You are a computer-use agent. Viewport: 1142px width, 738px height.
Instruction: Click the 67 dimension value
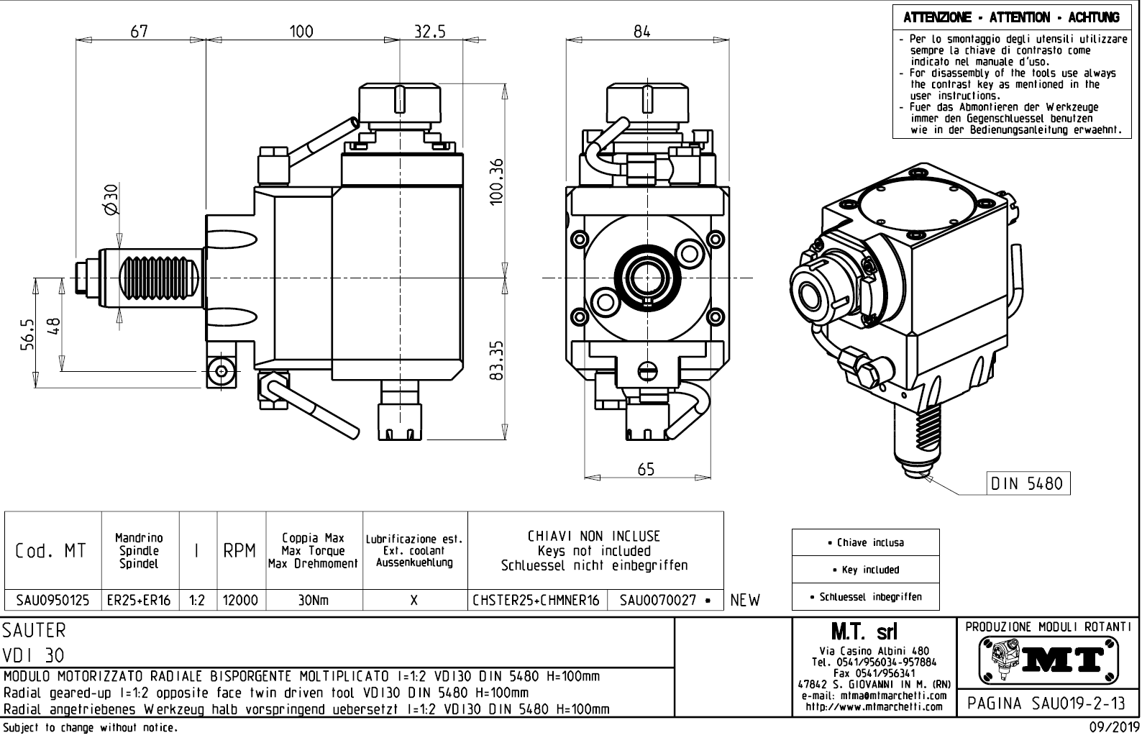(139, 31)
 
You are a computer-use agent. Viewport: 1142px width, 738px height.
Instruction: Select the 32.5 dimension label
(429, 31)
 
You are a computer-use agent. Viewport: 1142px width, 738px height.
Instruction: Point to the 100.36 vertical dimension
(495, 181)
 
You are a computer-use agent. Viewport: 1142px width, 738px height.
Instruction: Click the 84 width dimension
(641, 31)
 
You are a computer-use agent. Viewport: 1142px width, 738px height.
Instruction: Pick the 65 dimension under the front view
(646, 469)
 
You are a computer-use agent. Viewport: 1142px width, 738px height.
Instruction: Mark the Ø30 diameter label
(111, 199)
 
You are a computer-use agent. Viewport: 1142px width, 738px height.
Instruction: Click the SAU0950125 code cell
(53, 600)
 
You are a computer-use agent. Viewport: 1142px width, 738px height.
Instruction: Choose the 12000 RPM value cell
(241, 600)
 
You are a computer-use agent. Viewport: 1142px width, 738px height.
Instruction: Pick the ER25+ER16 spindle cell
(140, 600)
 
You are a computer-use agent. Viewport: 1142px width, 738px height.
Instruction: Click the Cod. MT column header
(50, 551)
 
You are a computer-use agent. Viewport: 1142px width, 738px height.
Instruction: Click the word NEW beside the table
(744, 600)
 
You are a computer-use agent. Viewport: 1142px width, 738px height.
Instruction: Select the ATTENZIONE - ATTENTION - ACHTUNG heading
(1011, 17)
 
